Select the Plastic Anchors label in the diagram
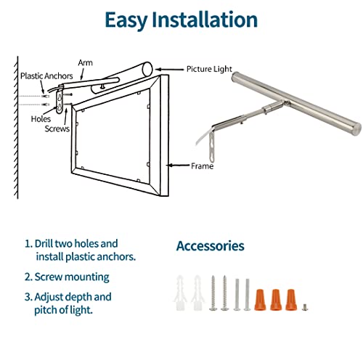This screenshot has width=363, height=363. [46, 76]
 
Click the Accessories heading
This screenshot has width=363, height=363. [210, 247]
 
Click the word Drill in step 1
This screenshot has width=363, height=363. [46, 244]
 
